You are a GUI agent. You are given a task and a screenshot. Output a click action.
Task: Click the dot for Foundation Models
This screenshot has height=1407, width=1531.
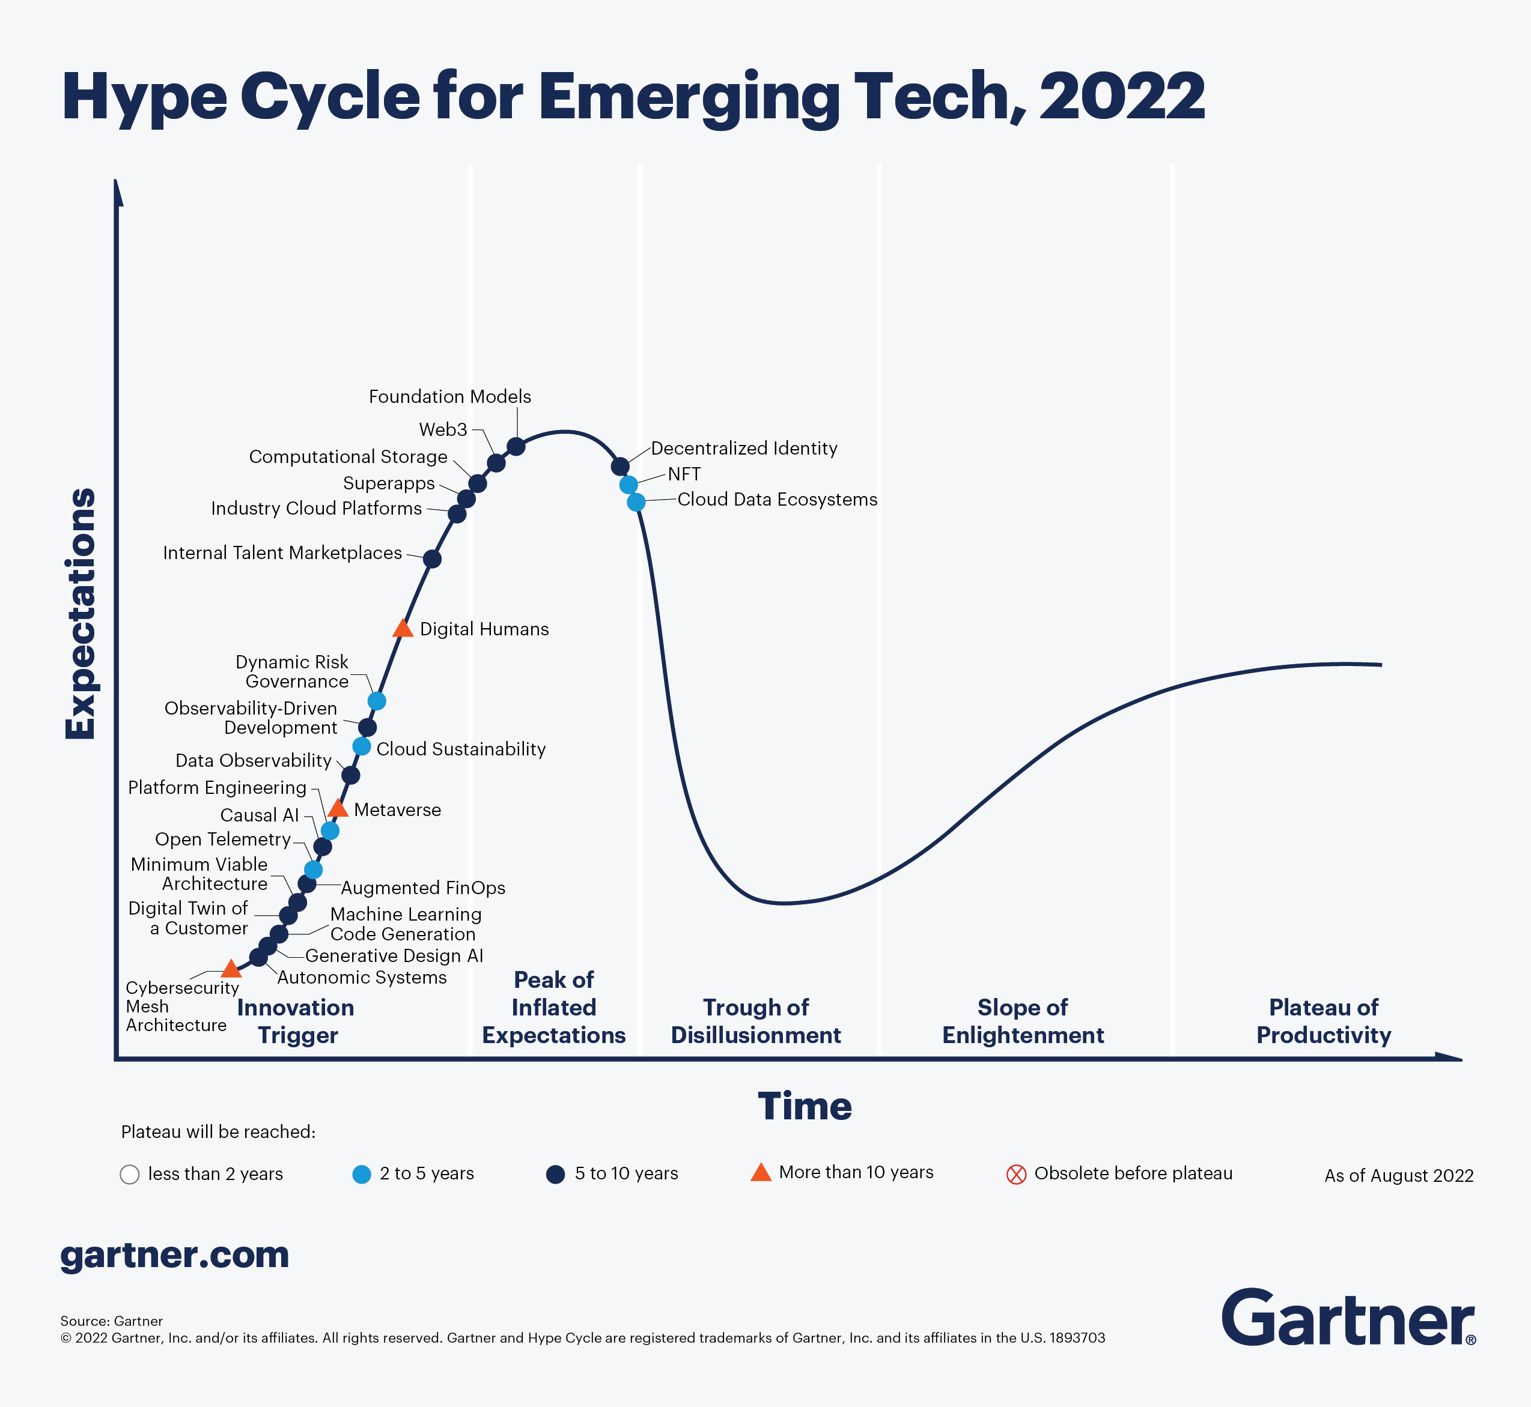(516, 446)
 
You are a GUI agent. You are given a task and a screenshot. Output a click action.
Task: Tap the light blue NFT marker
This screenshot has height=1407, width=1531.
(629, 484)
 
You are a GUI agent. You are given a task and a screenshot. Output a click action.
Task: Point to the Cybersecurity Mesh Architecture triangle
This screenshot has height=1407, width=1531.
(231, 969)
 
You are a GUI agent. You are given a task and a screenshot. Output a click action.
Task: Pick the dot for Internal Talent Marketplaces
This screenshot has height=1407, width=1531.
(432, 559)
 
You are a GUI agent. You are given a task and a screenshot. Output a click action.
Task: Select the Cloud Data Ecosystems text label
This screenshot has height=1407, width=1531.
(777, 500)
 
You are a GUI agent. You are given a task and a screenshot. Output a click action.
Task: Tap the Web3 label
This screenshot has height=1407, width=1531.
(443, 429)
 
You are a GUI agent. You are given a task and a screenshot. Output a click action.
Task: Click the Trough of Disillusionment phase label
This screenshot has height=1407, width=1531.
(756, 1021)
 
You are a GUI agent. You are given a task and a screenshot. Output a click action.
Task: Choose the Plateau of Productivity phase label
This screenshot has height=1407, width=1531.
(1323, 1021)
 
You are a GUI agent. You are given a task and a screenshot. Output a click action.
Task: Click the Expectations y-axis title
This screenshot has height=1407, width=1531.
(81, 614)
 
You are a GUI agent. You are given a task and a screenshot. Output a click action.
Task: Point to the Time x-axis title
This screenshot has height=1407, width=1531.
(805, 1106)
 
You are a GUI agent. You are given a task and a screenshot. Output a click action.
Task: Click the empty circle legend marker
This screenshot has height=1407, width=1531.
(130, 1174)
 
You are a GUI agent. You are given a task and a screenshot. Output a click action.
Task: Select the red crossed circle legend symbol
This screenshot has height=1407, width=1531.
(1016, 1174)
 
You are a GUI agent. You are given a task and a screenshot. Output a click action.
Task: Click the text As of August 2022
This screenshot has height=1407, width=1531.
(1398, 1176)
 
